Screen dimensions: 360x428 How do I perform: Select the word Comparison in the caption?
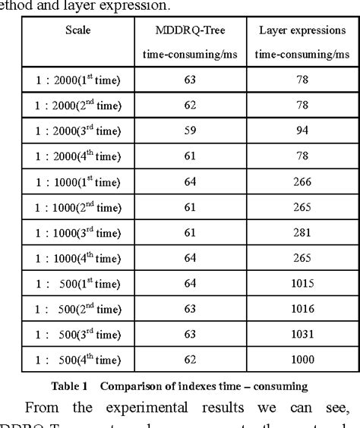130,386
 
